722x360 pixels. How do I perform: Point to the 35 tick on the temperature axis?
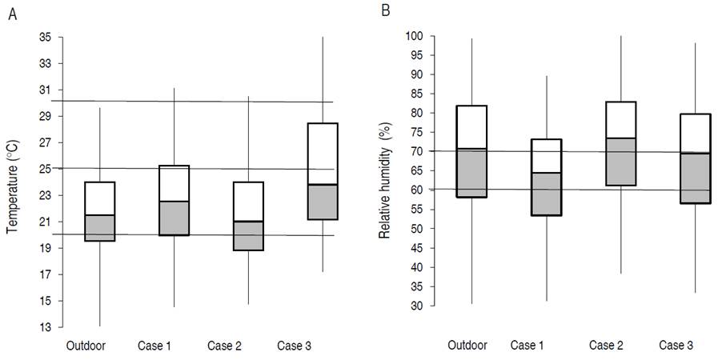[44, 37]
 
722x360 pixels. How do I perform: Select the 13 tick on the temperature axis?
[44, 327]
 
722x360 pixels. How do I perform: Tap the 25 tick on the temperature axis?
[44, 169]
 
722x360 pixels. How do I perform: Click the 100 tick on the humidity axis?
[414, 36]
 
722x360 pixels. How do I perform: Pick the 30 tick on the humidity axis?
[417, 306]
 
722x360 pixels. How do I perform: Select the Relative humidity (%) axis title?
[385, 171]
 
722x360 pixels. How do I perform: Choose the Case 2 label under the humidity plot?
[608, 345]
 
